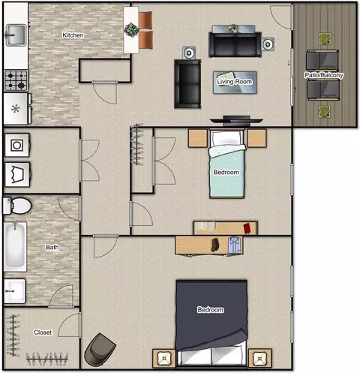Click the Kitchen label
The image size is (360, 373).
[73, 35]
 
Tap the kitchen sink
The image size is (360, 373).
[16, 35]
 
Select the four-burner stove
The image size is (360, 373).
[16, 80]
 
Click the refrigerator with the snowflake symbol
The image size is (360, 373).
[16, 109]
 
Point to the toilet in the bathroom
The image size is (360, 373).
[17, 206]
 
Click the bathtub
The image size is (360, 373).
[15, 247]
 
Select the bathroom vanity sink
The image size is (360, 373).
[15, 291]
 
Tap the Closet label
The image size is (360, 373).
[43, 332]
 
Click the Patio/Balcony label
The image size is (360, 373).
[323, 75]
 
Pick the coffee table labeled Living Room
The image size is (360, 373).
[235, 83]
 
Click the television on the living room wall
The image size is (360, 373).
[236, 121]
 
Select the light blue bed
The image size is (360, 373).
[226, 164]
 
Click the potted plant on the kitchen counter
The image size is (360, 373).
[131, 30]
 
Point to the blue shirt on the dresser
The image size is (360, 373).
[235, 245]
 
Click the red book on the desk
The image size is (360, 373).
[247, 228]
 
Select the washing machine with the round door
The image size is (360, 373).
[17, 146]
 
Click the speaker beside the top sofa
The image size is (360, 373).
[268, 44]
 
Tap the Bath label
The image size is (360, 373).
[52, 247]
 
